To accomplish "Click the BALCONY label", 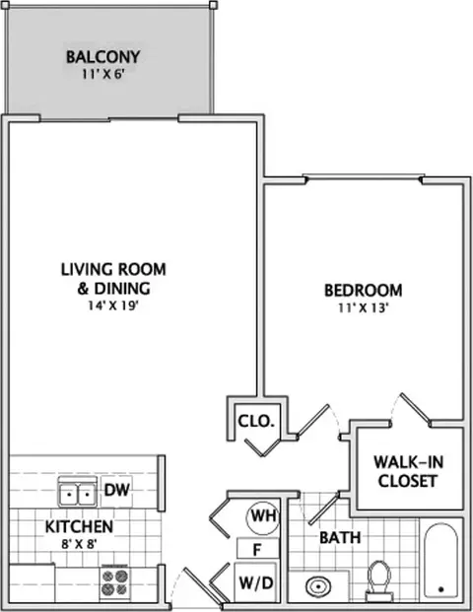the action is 102,57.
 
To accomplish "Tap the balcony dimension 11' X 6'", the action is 103,75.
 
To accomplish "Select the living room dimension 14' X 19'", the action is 113,306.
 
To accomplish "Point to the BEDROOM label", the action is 364,291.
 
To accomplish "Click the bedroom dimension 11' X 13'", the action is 364,308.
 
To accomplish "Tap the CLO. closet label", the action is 256,421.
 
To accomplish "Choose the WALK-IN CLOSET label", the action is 408,471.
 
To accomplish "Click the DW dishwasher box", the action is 116,490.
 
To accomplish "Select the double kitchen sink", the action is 77,492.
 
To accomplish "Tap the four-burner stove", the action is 114,582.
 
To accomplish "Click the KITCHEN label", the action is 79,526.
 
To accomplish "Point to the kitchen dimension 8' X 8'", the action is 79,544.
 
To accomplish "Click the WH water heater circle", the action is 263,517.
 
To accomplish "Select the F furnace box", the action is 258,549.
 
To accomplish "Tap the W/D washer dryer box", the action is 255,582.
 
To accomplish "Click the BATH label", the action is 340,538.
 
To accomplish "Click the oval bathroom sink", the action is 319,586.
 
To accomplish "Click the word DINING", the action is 122,288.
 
